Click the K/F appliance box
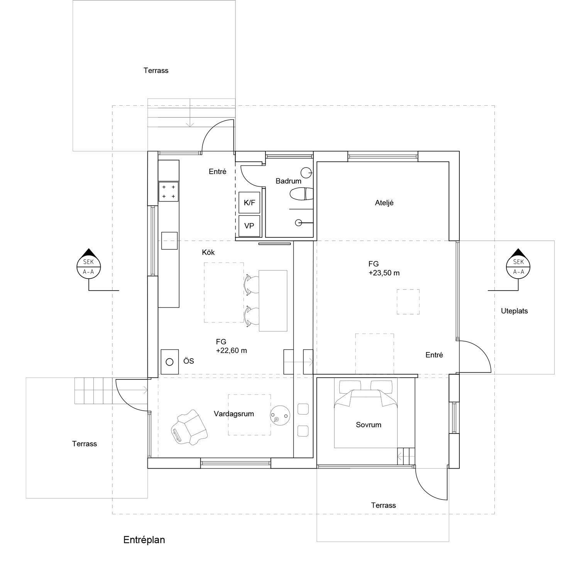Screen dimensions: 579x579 click(250, 202)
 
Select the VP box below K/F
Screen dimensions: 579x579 click(249, 226)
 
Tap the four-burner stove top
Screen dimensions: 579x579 click(168, 191)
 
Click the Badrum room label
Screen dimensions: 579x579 click(288, 181)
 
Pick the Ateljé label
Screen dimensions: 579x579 click(384, 203)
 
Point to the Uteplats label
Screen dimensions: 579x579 click(514, 311)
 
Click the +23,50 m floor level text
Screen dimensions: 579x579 click(384, 273)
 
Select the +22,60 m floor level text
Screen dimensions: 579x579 click(231, 351)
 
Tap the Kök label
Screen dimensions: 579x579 click(208, 252)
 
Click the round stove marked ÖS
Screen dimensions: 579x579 click(169, 362)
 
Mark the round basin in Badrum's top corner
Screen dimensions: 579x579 click(306, 171)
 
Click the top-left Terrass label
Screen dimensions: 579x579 click(156, 71)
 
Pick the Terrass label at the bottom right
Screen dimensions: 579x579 click(383, 505)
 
